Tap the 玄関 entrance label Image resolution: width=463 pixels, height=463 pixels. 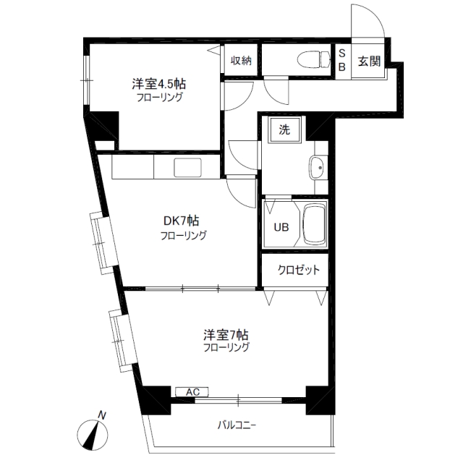click(x=369, y=61)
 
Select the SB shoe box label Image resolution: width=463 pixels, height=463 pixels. click(x=342, y=60)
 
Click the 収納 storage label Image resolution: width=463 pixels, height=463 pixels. click(x=241, y=61)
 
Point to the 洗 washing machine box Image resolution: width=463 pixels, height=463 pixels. click(x=284, y=130)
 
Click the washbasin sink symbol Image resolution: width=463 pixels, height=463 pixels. click(x=316, y=167)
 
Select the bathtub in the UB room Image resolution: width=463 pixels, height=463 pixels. click(x=315, y=224)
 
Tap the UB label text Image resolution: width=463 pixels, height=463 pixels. click(x=281, y=227)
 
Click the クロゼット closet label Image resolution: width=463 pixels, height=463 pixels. click(x=299, y=270)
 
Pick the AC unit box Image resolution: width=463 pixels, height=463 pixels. click(x=192, y=392)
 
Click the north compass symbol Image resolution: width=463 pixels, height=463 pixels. click(x=93, y=434)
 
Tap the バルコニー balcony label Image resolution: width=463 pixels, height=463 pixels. click(x=237, y=425)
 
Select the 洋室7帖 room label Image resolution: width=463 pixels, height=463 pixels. click(x=226, y=335)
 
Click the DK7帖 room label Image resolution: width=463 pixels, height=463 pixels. click(x=181, y=221)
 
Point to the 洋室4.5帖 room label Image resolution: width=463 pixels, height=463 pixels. click(x=159, y=84)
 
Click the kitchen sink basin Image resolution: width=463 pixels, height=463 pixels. click(x=188, y=168)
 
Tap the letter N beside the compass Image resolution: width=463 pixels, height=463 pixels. click(x=102, y=415)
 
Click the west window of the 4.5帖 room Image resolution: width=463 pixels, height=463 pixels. click(x=87, y=80)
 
